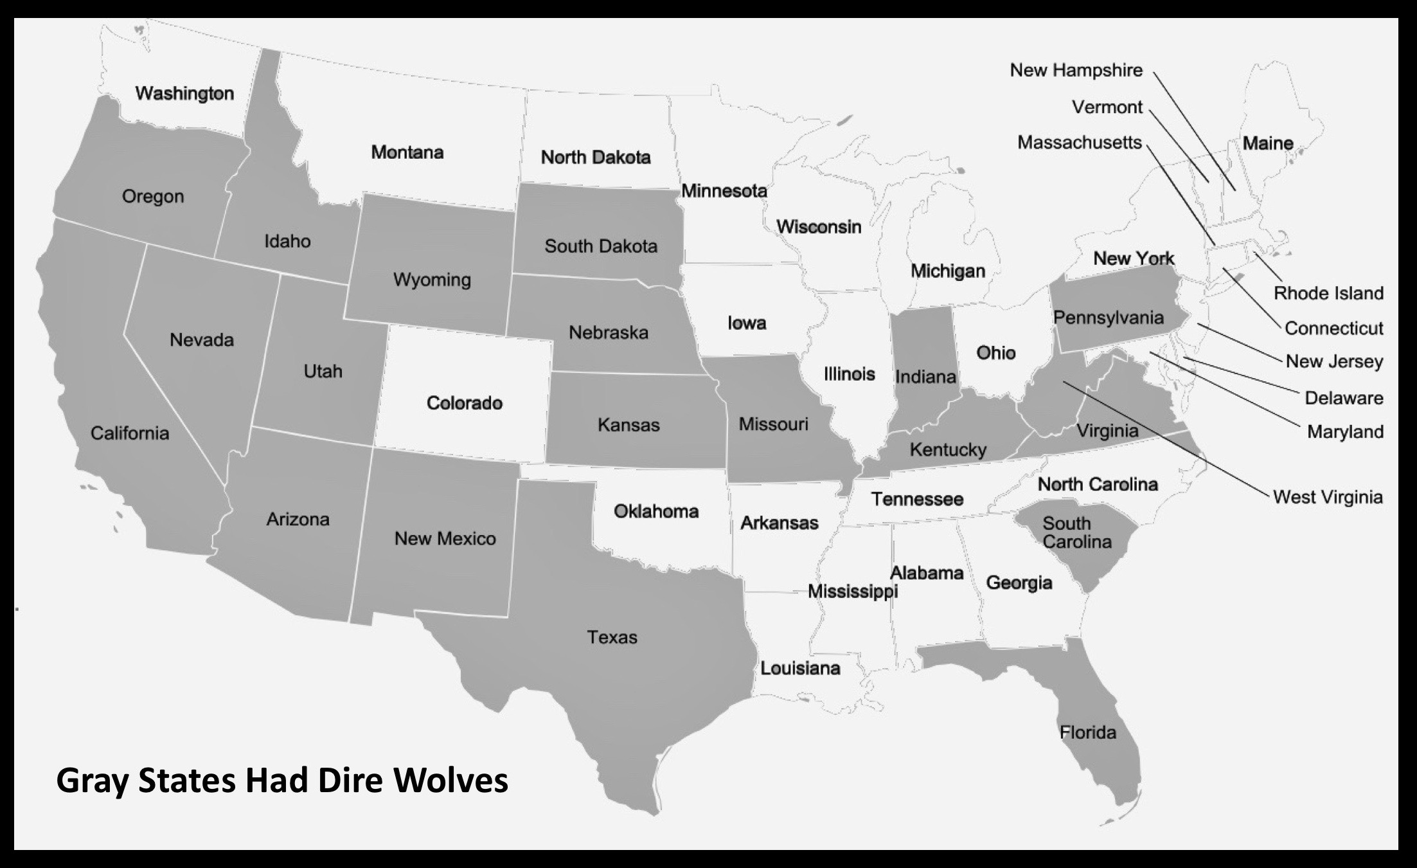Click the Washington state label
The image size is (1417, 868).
pyautogui.click(x=184, y=94)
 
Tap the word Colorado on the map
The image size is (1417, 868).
pyautogui.click(x=464, y=403)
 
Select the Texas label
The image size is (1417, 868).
pyautogui.click(x=612, y=637)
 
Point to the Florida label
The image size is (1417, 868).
pyautogui.click(x=1087, y=732)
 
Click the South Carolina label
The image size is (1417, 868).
pyautogui.click(x=1076, y=532)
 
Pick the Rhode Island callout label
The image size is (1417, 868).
pyautogui.click(x=1328, y=293)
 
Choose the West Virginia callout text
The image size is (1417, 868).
pyautogui.click(x=1328, y=497)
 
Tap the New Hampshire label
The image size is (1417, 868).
pyautogui.click(x=1076, y=70)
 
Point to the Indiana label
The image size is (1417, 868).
pyautogui.click(x=925, y=377)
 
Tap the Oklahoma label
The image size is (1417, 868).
pyautogui.click(x=655, y=512)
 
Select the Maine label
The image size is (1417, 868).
pyautogui.click(x=1267, y=143)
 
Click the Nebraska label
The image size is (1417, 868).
pyautogui.click(x=608, y=332)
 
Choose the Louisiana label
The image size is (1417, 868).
pyautogui.click(x=800, y=668)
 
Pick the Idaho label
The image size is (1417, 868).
pyautogui.click(x=287, y=241)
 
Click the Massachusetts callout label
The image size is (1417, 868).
pyautogui.click(x=1079, y=142)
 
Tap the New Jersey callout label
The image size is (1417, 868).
pyautogui.click(x=1334, y=361)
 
